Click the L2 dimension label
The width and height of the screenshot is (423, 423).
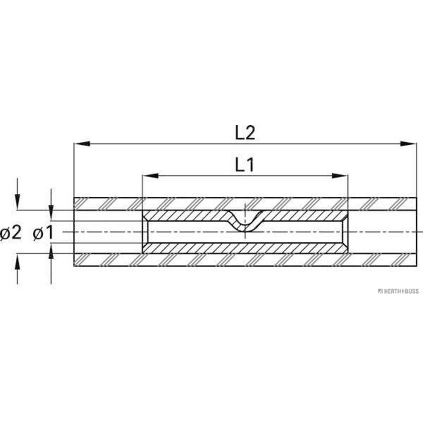[245, 133]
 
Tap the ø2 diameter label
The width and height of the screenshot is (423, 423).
[11, 233]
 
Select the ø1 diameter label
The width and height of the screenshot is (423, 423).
[43, 233]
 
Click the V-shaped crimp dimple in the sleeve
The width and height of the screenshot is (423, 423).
[245, 222]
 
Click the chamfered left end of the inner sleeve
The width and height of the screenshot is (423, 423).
[145, 232]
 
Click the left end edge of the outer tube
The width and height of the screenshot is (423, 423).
[74, 232]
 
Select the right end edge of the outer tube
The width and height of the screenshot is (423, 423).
[416, 232]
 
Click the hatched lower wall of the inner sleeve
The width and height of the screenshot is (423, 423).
[245, 248]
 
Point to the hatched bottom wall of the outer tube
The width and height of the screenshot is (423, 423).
[245, 260]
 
